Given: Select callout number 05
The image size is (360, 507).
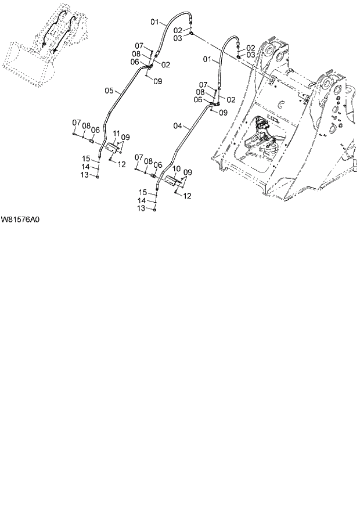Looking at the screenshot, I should [x=109, y=91].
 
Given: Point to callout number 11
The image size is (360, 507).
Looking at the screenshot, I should [x=116, y=134].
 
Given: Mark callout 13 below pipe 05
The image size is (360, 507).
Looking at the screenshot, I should [x=84, y=174].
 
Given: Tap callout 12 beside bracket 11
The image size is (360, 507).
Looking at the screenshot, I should [x=122, y=164].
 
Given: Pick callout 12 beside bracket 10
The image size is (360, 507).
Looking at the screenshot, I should [x=186, y=196].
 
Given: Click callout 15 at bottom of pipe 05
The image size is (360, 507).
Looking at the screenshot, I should [x=85, y=159].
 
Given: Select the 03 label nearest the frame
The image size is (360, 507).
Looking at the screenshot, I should [x=251, y=55].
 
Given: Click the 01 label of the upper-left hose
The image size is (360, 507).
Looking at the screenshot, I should [x=155, y=23].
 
